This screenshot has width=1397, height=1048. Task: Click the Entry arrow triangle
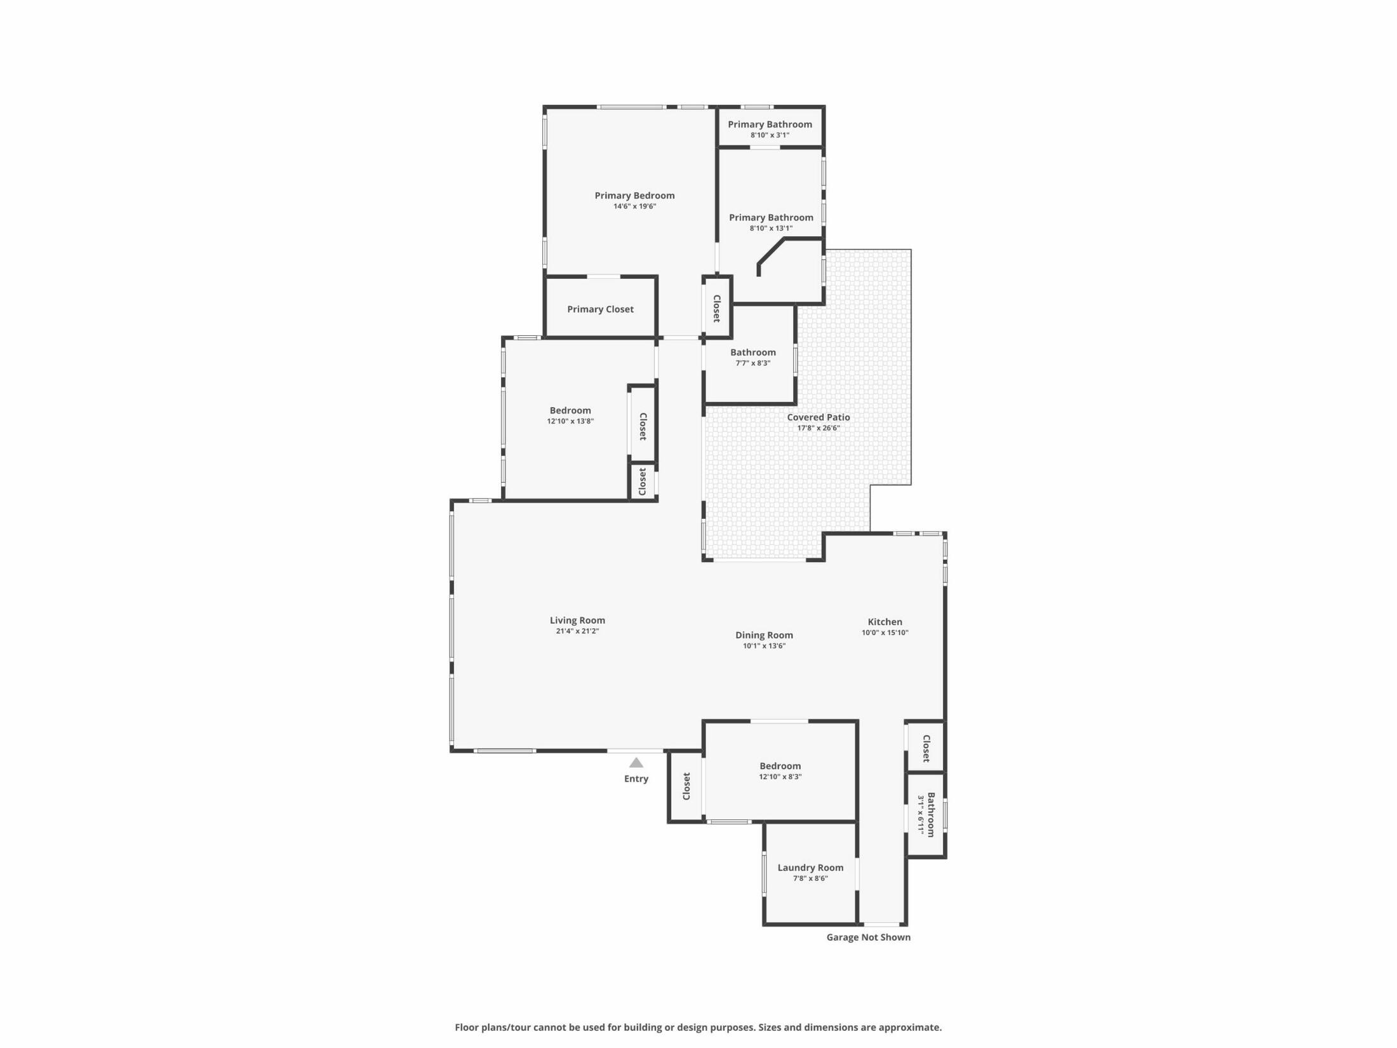(x=636, y=763)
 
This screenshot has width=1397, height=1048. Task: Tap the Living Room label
(x=577, y=621)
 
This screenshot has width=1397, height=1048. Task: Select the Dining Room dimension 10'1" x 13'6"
(x=764, y=646)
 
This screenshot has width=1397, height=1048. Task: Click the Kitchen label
(x=885, y=622)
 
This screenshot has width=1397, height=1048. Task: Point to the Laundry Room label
(x=810, y=868)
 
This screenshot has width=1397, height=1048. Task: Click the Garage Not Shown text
(x=868, y=937)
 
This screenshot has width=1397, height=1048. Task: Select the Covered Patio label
(x=818, y=417)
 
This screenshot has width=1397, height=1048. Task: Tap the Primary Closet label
(x=600, y=309)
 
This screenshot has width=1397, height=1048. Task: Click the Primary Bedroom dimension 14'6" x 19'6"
(x=634, y=206)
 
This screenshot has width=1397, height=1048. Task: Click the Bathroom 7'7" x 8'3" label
(x=752, y=353)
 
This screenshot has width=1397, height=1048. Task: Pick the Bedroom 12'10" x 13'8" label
(x=570, y=410)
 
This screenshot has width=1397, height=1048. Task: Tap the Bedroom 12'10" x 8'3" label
(x=780, y=766)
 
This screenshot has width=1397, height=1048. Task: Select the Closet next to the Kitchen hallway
(x=926, y=748)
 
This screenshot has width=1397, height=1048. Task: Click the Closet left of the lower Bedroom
(x=686, y=786)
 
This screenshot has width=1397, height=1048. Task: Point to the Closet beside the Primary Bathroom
(x=716, y=308)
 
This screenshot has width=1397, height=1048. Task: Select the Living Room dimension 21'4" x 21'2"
(x=577, y=631)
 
